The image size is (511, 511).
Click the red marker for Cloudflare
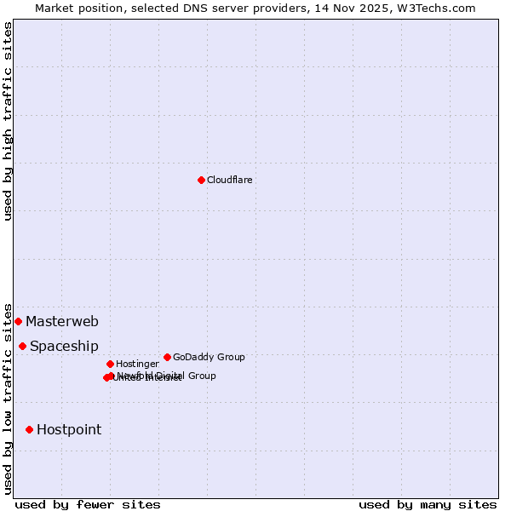[201, 180]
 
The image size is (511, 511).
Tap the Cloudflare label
[230, 181]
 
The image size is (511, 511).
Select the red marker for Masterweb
[18, 321]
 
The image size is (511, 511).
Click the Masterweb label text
[62, 322]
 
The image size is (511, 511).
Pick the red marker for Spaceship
[22, 346]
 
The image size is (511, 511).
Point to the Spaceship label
[64, 347]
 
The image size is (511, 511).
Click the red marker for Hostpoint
[29, 429]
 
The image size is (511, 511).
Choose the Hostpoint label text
[69, 430]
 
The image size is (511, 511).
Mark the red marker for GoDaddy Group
[167, 357]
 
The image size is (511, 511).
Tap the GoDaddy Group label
[209, 358]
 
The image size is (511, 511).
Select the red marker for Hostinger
[110, 364]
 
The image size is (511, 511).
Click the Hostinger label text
[137, 365]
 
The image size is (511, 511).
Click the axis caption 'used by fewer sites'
[88, 505]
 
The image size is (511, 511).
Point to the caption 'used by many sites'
[428, 505]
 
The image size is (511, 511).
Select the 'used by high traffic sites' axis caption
[9, 121]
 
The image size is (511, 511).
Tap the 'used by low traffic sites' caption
[9, 398]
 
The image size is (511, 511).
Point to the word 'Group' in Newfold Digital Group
[201, 376]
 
